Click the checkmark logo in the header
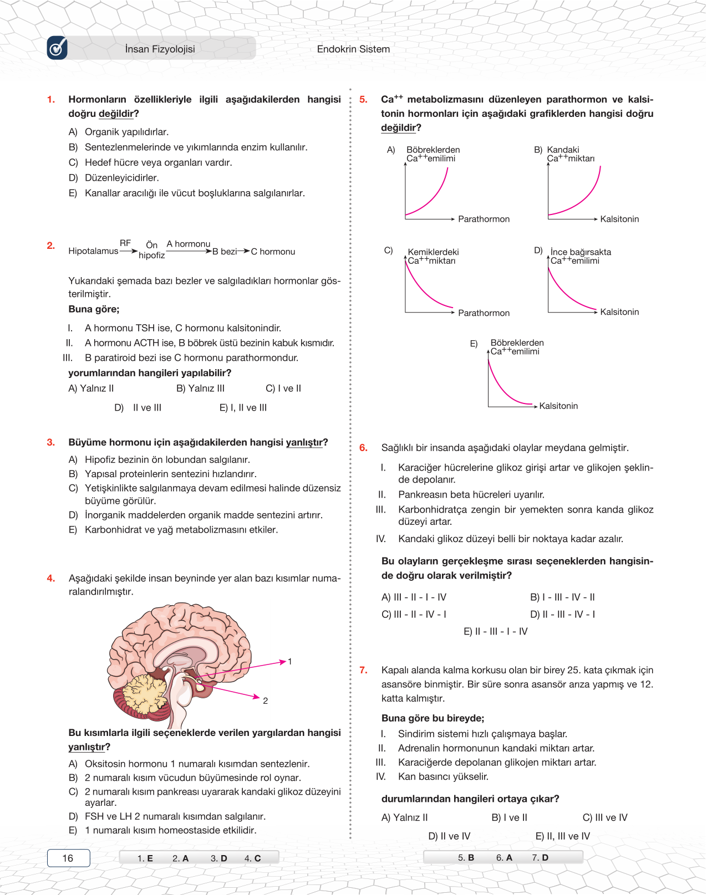point(57,48)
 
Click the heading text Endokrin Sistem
point(353,49)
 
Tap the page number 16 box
point(68,858)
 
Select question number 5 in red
point(363,100)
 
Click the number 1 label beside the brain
point(289,662)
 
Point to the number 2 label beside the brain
point(265,701)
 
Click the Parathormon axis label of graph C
point(484,313)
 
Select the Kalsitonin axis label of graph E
point(558,406)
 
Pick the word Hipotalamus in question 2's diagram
point(93,251)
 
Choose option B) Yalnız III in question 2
point(200,388)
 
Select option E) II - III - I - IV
point(496,631)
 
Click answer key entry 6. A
point(504,858)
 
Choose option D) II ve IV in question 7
point(449,836)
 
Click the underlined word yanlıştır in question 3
point(304,442)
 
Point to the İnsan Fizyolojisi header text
point(160,49)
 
